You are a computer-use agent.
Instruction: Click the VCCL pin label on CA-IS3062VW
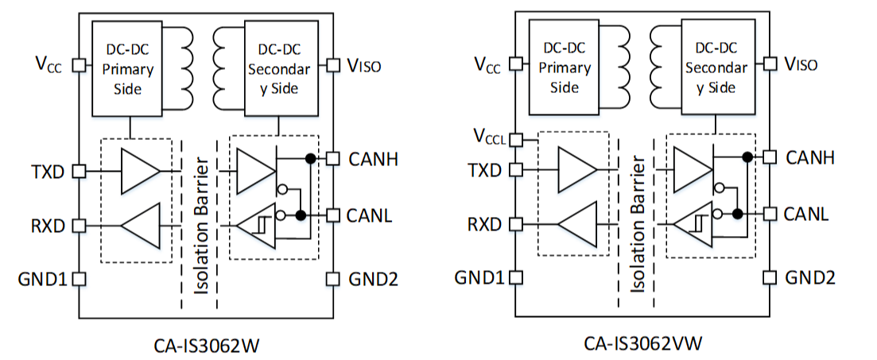point(489,136)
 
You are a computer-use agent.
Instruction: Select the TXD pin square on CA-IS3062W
point(79,170)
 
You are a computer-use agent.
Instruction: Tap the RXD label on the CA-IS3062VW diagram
point(484,224)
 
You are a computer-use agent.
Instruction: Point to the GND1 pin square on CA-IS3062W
point(79,279)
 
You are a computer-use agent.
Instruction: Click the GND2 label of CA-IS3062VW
point(810,278)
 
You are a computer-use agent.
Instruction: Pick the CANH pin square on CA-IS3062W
point(332,157)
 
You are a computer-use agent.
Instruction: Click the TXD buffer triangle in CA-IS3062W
point(140,170)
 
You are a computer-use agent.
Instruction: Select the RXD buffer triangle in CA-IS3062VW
point(576,224)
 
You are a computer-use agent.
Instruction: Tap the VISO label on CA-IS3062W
point(363,65)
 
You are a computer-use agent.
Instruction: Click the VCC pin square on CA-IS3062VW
point(516,64)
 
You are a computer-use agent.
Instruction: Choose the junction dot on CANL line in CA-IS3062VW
point(738,214)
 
